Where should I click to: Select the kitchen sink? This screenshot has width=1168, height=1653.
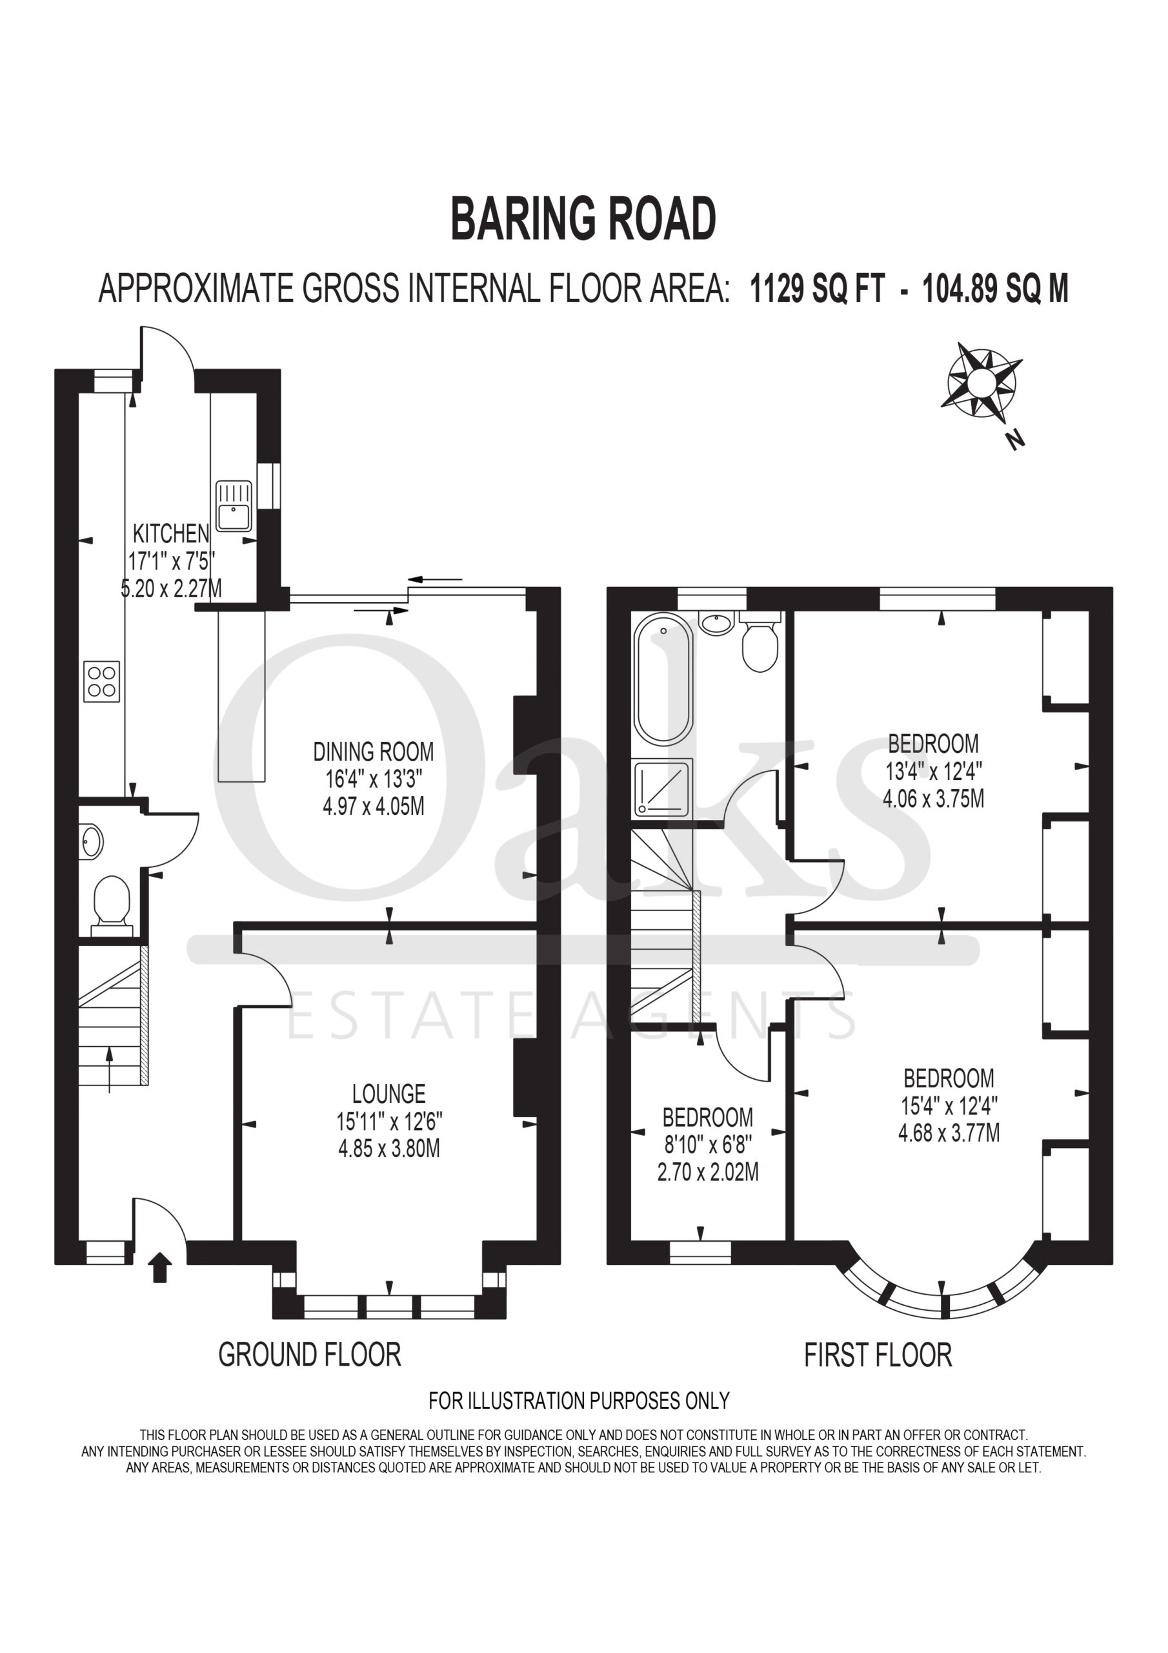pos(234,506)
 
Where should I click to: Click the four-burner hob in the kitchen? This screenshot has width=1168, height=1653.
pos(101,681)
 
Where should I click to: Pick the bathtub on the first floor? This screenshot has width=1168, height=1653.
pos(663,679)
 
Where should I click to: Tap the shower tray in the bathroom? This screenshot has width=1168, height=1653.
pos(662,788)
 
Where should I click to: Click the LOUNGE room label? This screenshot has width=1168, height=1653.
pos(388,1094)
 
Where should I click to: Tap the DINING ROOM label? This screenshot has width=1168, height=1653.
pos(374,752)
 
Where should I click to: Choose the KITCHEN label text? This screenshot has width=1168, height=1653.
pos(171,533)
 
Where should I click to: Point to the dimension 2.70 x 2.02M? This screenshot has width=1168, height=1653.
pos(708,1171)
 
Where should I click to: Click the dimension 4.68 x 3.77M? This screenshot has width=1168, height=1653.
pos(949,1133)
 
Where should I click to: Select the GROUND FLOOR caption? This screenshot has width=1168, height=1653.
pos(310,1354)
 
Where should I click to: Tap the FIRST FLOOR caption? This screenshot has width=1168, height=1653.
pos(878,1355)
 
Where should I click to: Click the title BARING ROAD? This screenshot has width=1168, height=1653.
pos(583,220)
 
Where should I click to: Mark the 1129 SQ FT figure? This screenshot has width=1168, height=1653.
pos(817,289)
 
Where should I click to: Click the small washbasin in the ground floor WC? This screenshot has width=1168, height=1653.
pos(92,841)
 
